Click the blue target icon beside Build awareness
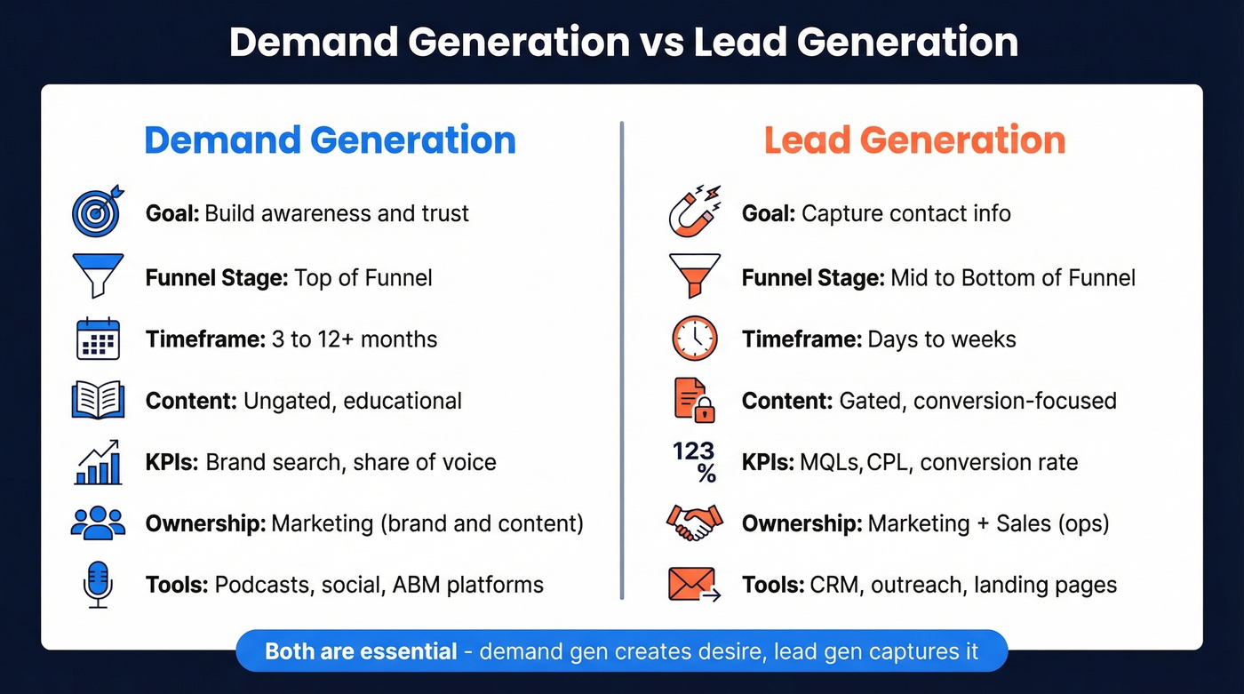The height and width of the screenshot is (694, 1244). pos(97,212)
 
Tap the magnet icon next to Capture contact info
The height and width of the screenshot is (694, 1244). pos(694,212)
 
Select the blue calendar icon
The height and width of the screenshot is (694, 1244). pos(98,339)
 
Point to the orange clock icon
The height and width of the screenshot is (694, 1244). pos(694,339)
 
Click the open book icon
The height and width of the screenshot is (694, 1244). pos(97,400)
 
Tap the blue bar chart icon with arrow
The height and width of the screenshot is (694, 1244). pos(97,462)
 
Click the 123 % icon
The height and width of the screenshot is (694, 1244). pos(694,462)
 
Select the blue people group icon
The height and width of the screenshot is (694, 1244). pos(97,522)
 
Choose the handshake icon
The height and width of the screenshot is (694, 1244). pos(694,522)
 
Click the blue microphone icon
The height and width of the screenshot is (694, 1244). pos(97,585)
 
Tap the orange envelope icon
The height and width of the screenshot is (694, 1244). pos(693,585)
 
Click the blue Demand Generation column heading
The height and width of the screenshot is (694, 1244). pos(330,140)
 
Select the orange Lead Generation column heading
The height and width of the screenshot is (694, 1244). pos(914,140)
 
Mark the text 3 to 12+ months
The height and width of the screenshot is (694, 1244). pos(355,339)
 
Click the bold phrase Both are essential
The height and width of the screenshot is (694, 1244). pos(361,651)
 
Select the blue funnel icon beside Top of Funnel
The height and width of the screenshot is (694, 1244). pos(97,276)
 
